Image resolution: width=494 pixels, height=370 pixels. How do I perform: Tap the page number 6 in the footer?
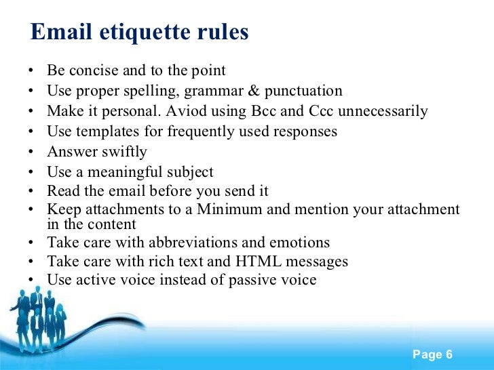coord(449,355)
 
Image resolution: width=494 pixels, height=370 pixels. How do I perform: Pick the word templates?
coord(100,131)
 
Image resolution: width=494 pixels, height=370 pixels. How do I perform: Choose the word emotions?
coord(297,242)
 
